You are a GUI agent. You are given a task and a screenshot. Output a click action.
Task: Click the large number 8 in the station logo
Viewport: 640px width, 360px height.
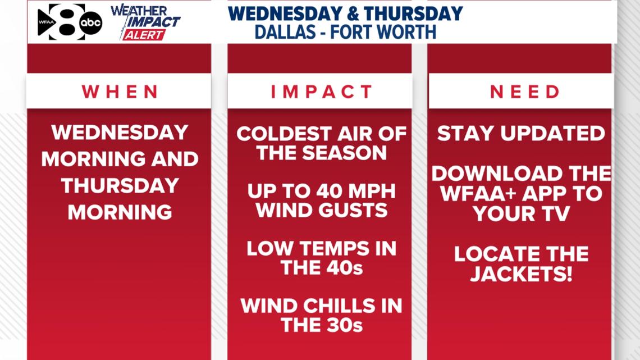67,22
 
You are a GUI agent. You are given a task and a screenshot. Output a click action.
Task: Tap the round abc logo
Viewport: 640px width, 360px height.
90,22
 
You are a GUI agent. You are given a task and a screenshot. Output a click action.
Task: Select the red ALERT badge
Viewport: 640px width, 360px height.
144,35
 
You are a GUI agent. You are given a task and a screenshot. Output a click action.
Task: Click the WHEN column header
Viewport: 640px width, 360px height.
120,92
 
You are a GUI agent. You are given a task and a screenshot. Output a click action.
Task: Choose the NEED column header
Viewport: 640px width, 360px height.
525,92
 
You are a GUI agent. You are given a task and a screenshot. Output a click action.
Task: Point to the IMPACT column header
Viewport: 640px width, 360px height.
321,92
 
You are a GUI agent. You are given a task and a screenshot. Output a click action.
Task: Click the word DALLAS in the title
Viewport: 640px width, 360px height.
285,32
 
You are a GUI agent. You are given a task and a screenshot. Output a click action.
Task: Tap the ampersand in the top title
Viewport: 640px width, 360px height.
352,13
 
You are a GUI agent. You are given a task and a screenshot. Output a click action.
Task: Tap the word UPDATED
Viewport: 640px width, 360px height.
553,133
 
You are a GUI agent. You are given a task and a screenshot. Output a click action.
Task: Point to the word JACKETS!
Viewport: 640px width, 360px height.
521,274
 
